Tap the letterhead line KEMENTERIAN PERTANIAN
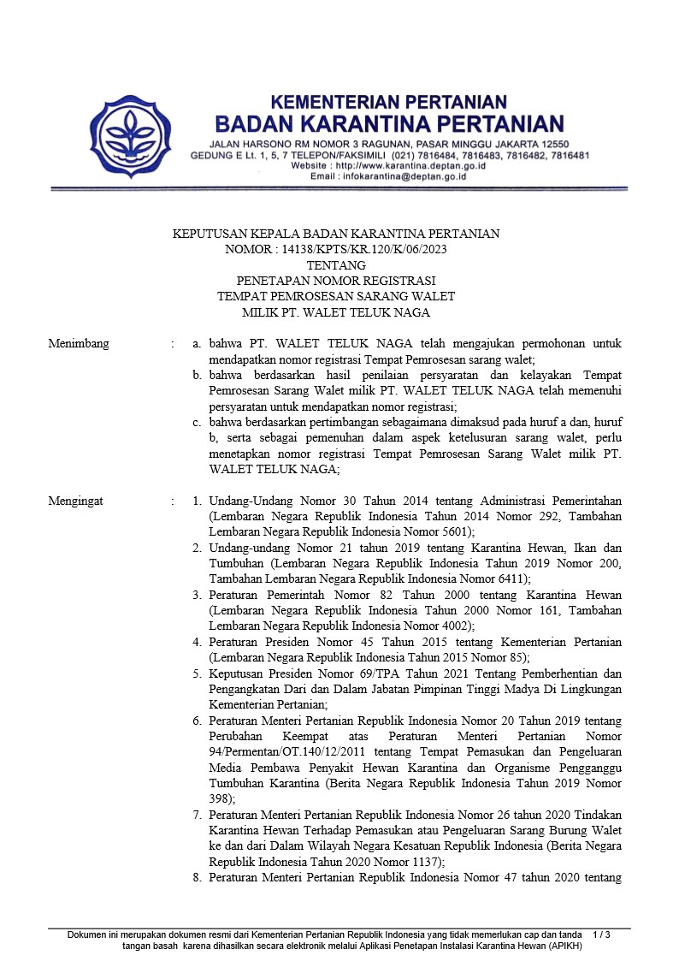(x=389, y=102)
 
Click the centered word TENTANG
(x=335, y=265)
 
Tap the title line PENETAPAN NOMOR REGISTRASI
(x=335, y=281)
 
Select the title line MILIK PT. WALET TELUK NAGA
(x=335, y=312)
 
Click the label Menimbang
(x=79, y=343)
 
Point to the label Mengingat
(x=76, y=501)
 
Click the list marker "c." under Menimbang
(x=197, y=422)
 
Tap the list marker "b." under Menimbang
(x=197, y=375)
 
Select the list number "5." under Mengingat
(x=198, y=673)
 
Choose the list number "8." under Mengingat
(x=198, y=878)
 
